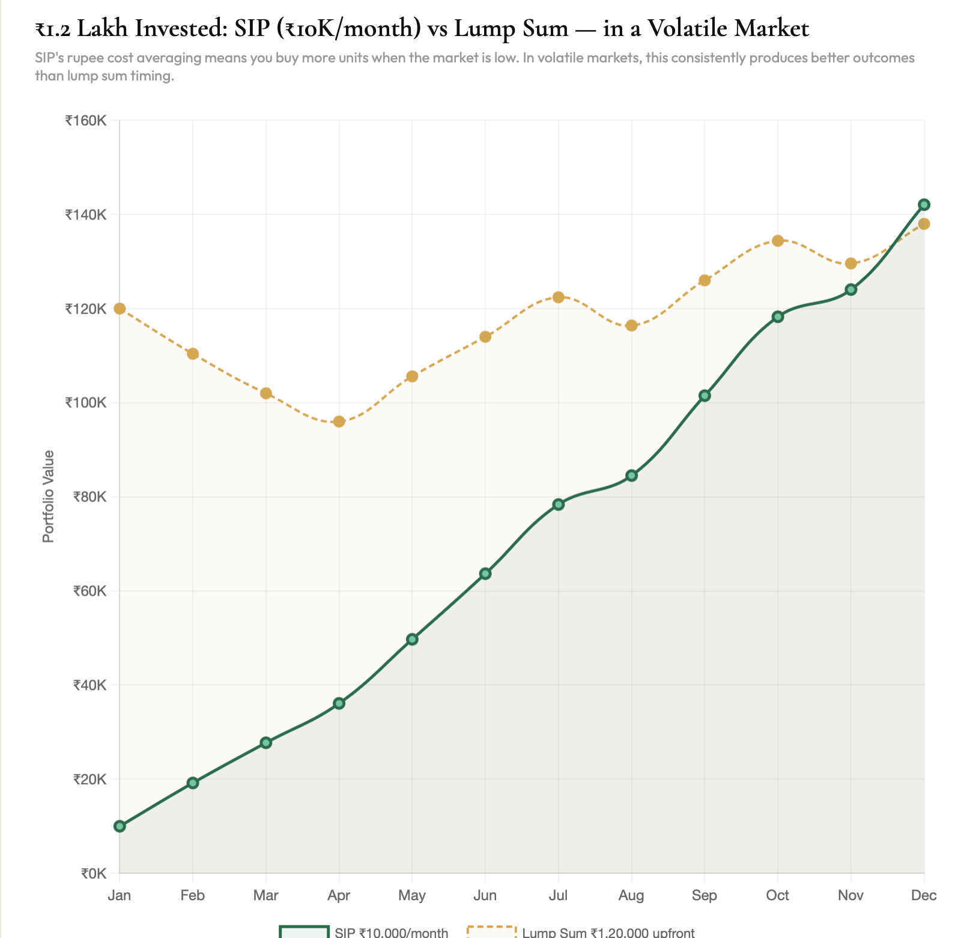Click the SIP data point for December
924,205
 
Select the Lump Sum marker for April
339,422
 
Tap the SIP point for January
120,826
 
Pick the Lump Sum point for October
778,241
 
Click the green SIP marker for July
559,504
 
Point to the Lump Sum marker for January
120,309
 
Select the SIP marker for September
705,396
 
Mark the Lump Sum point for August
631,325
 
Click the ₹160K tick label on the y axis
86,121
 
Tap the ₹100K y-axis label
86,403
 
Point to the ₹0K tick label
93,873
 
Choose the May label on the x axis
412,895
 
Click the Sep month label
705,895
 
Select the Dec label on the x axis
924,895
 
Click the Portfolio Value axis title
49,497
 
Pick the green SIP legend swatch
304,932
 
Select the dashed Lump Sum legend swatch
492,932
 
